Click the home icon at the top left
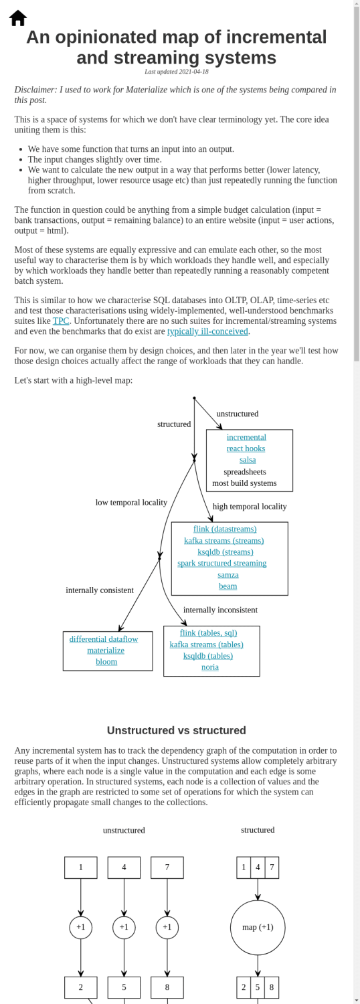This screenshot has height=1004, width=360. [18, 18]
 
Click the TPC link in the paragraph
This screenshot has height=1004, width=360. [61, 321]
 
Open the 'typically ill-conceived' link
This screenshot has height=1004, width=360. [207, 331]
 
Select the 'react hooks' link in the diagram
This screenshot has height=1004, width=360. [246, 448]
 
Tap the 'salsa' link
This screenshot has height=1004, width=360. [248, 460]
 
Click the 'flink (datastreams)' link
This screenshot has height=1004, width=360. [225, 529]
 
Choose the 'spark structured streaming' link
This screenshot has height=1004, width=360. [221, 563]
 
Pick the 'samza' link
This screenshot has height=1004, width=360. [228, 574]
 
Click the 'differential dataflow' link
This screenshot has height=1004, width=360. [104, 639]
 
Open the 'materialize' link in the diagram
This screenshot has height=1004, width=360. [106, 650]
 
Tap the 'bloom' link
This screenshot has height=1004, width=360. [106, 661]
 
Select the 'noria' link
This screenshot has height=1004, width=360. [209, 667]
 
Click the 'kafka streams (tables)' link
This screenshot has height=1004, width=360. [206, 644]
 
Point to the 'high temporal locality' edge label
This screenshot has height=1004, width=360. [250, 506]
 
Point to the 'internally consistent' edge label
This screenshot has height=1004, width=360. [100, 590]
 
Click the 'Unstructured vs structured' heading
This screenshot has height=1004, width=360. [176, 730]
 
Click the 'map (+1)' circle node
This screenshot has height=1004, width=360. [258, 927]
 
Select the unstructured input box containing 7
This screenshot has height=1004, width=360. [167, 867]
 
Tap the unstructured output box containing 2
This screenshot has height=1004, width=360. [81, 987]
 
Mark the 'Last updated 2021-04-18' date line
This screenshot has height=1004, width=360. [176, 72]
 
